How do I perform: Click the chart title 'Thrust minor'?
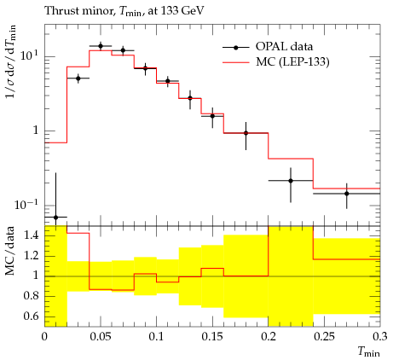78,11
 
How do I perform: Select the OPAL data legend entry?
268,47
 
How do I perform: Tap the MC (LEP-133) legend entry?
275,61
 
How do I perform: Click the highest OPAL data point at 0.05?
101,46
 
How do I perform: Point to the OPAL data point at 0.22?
291,181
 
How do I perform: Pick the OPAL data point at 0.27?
347,194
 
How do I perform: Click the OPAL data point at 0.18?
246,133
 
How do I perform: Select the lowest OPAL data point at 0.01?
55,218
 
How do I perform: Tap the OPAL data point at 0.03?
78,78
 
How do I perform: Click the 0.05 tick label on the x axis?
101,336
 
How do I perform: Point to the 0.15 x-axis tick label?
212,336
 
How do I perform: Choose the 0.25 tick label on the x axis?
324,336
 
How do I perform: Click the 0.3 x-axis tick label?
380,336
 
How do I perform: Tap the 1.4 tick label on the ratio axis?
31,235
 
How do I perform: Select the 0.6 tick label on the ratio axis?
31,316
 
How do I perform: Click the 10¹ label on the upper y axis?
29,55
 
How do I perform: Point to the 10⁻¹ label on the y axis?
26,204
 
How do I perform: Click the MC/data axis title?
10,251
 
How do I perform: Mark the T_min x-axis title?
368,352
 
